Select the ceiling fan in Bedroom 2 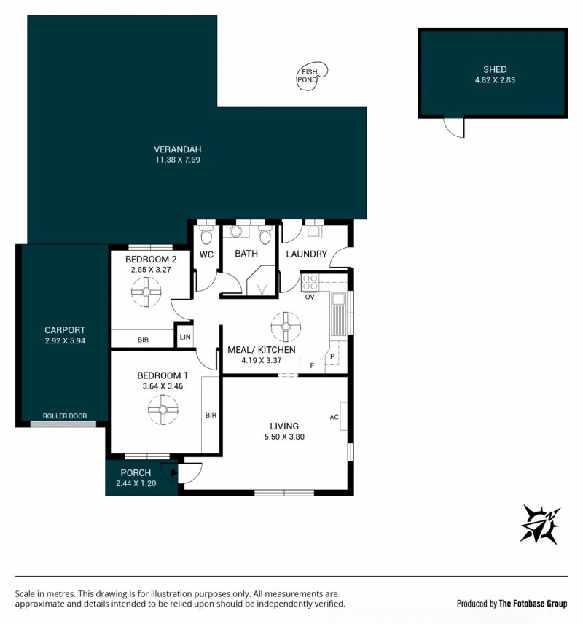pyautogui.click(x=146, y=292)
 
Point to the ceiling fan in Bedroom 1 pyautogui.click(x=163, y=410)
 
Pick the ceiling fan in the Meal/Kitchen pyautogui.click(x=286, y=327)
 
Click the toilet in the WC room pyautogui.click(x=206, y=235)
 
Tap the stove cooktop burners pyautogui.click(x=310, y=283)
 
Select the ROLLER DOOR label pyautogui.click(x=65, y=416)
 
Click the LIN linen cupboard pyautogui.click(x=184, y=337)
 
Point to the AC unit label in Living pyautogui.click(x=334, y=417)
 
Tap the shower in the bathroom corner pyautogui.click(x=261, y=281)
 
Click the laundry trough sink pyautogui.click(x=313, y=232)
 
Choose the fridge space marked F pyautogui.click(x=312, y=365)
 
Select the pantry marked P pyautogui.click(x=332, y=357)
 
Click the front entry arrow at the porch pyautogui.click(x=173, y=473)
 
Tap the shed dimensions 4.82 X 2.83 pyautogui.click(x=495, y=80)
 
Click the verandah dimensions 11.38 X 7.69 pyautogui.click(x=178, y=160)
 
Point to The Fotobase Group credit pyautogui.click(x=533, y=604)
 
